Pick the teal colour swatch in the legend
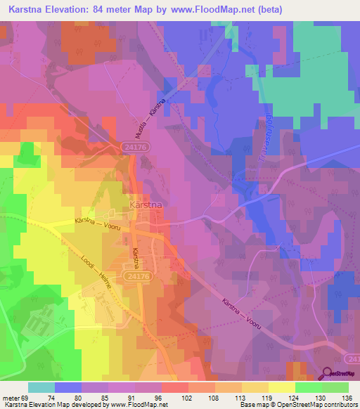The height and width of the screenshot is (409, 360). coord(41,387)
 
